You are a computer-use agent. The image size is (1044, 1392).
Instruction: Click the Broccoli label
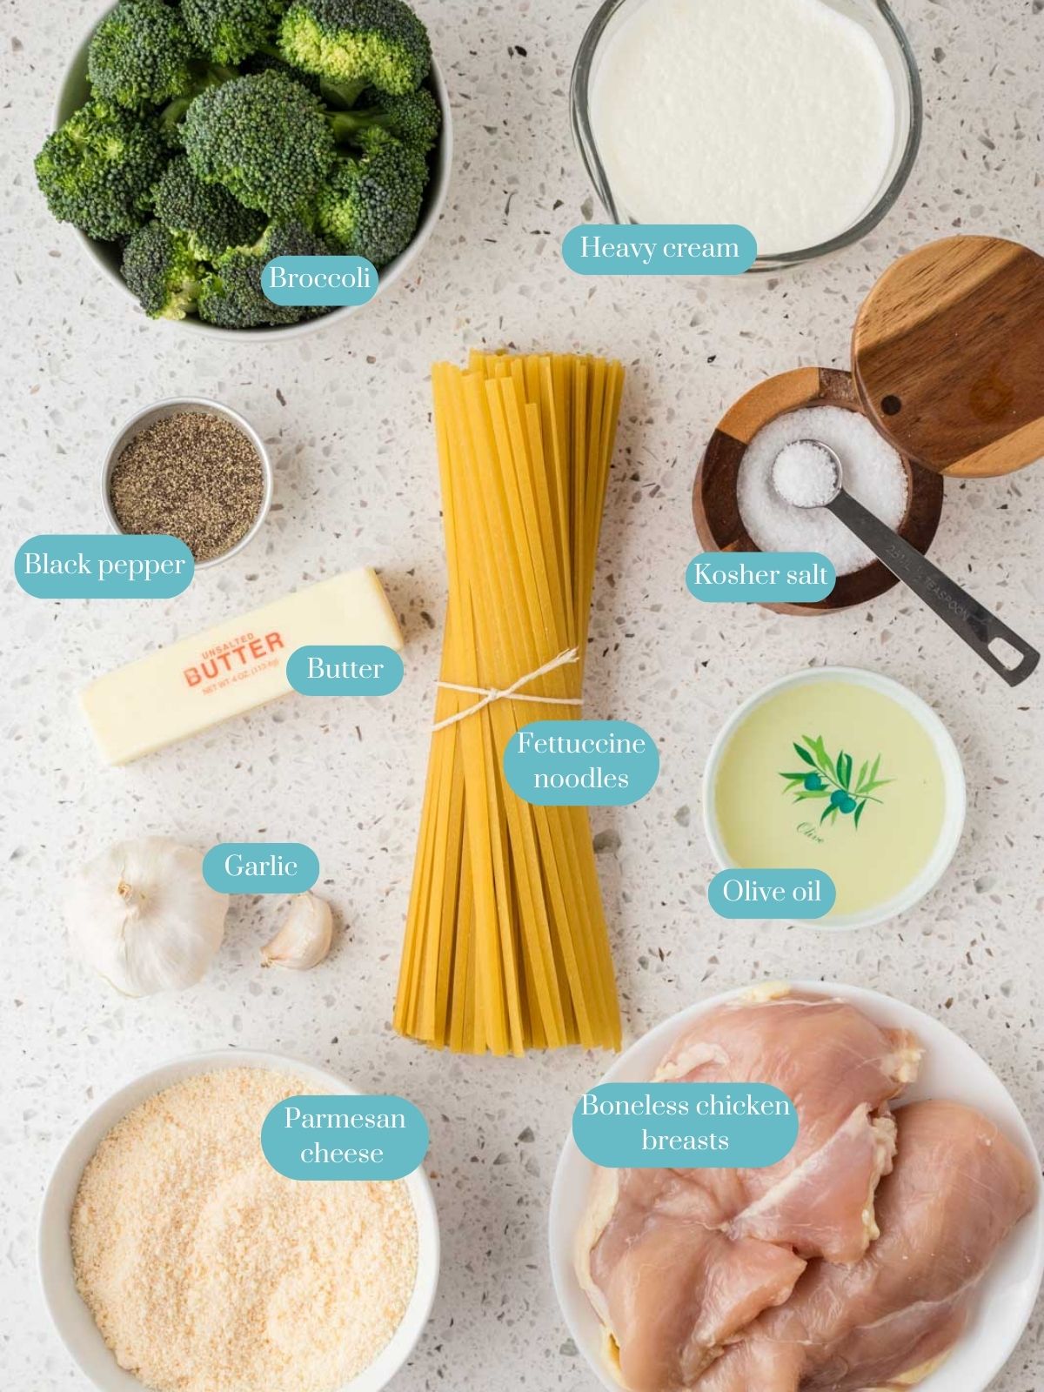tap(319, 278)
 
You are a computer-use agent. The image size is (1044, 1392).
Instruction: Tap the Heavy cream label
tap(659, 249)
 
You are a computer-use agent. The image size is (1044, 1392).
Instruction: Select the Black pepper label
tap(104, 565)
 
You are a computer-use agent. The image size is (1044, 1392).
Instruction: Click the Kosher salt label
tap(760, 574)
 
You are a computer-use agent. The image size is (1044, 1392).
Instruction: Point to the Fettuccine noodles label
tap(581, 760)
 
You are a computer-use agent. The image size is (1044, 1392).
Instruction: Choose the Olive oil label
tap(772, 891)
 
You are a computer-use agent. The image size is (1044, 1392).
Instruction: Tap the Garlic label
tap(260, 866)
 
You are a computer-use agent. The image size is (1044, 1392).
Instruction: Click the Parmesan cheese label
tap(345, 1134)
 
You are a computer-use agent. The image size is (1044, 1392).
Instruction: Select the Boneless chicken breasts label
tap(685, 1122)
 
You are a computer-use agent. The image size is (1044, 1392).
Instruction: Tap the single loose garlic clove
tap(300, 933)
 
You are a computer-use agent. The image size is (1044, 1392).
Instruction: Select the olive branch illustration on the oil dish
tap(833, 774)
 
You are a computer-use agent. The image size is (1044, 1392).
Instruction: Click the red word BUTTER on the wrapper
tap(233, 660)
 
